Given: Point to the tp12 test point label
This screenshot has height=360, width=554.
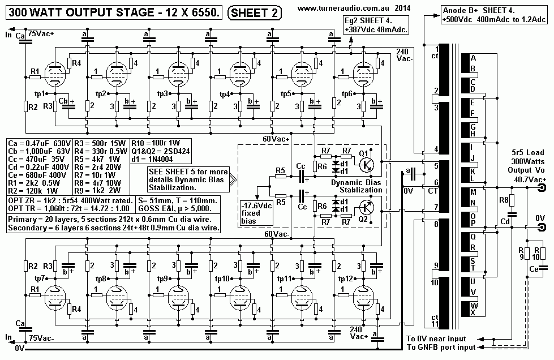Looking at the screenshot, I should click(346, 279).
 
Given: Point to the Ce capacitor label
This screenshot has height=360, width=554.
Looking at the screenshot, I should click(533, 271).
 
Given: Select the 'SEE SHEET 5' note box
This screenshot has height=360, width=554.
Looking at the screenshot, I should click(188, 179).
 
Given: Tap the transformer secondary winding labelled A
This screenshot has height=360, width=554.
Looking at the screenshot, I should click(473, 58).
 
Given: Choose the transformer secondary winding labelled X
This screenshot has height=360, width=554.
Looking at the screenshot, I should click(473, 312).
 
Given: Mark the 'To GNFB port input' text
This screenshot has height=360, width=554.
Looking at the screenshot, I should click(440, 347).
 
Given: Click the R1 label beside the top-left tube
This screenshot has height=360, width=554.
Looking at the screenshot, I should click(35, 71).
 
